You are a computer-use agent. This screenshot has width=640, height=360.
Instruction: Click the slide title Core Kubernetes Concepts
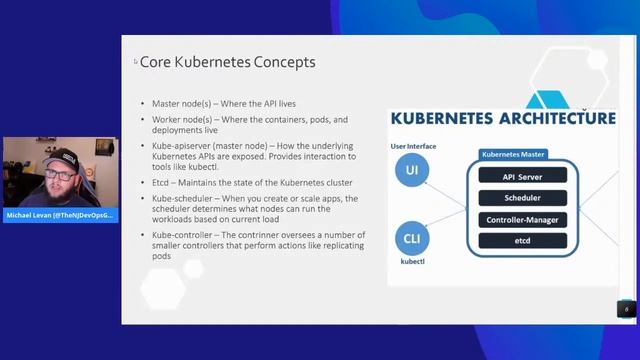[227, 62]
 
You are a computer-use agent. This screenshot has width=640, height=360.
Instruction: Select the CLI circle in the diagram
[411, 239]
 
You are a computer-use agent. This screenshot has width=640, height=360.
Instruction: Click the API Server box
[522, 177]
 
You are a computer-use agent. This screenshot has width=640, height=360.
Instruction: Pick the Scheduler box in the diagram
[522, 198]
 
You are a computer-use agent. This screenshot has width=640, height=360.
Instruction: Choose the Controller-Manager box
[522, 219]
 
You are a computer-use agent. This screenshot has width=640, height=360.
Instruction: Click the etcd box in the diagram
[522, 241]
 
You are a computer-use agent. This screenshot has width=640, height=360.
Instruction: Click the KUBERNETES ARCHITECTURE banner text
[502, 119]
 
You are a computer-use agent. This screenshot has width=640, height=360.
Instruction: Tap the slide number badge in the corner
[626, 309]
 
